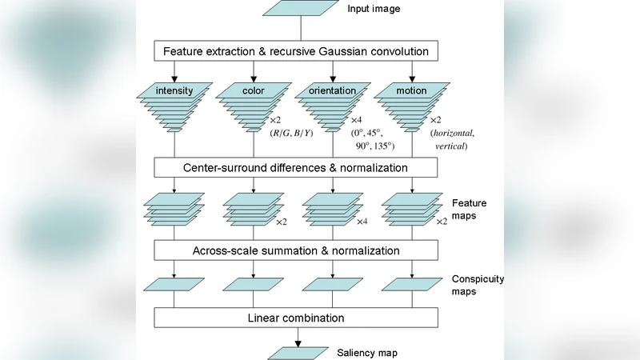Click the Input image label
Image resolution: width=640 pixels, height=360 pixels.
[x=373, y=9]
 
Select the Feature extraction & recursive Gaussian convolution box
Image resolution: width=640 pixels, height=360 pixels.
[x=296, y=52]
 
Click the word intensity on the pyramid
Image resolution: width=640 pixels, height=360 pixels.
[x=174, y=90]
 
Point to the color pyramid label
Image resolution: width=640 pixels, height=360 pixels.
[x=254, y=90]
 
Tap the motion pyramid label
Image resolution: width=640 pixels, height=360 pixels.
[x=411, y=90]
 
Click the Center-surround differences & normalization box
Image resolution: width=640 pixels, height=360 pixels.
[x=296, y=167]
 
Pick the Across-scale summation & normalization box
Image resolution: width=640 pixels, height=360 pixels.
[x=296, y=250]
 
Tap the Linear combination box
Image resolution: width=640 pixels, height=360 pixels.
[x=296, y=318]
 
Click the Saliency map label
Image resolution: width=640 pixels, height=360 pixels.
[x=366, y=352]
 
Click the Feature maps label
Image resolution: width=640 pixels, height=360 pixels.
[x=469, y=210]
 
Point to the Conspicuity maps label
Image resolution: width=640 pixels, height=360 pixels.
[x=478, y=286]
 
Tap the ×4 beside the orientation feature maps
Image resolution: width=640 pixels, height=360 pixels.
[x=362, y=222]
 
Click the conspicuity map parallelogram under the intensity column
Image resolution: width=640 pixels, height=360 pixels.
[x=174, y=284]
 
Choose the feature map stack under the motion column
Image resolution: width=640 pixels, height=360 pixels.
[x=411, y=210]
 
